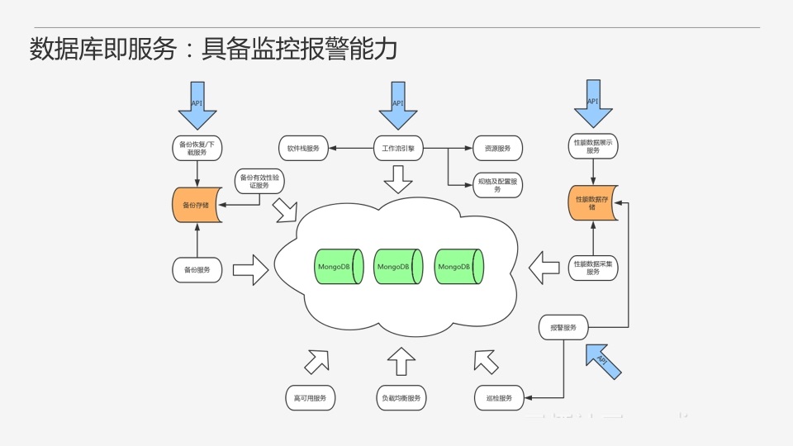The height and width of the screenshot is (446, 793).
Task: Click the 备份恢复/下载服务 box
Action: [x=197, y=149]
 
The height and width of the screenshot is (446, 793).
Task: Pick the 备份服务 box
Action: [x=197, y=270]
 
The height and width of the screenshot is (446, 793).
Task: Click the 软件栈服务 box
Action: [x=303, y=149]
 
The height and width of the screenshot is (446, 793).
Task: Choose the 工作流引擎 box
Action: [x=398, y=149]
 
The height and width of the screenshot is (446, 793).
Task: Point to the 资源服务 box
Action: [x=498, y=149]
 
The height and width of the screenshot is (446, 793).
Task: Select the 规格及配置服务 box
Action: [x=498, y=185]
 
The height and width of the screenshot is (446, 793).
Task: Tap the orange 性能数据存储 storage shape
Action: [x=592, y=203]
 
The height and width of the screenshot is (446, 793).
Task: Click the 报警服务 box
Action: [x=563, y=328]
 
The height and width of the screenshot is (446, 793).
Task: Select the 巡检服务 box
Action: [x=499, y=398]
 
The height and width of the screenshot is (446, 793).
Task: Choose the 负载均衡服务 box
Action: [x=401, y=398]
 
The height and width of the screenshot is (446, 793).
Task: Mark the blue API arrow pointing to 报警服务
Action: [x=602, y=362]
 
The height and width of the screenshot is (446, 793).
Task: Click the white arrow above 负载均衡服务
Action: [x=401, y=361]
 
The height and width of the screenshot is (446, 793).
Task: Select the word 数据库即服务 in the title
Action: [x=103, y=50]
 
